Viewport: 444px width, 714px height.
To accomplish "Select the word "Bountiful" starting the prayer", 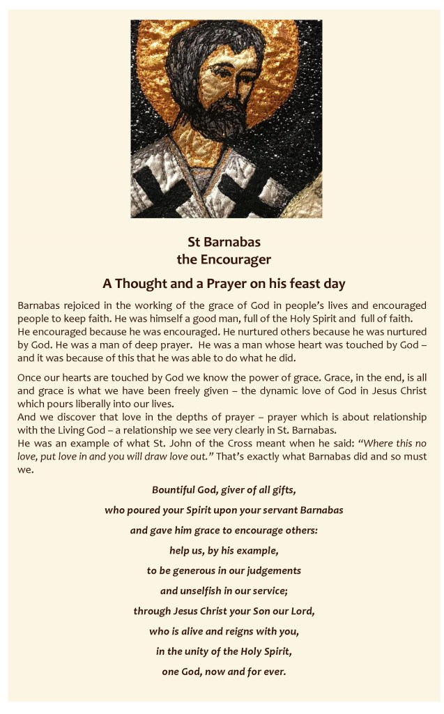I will [x=176, y=489].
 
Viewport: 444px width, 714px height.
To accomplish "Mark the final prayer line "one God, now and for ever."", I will [x=223, y=672].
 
